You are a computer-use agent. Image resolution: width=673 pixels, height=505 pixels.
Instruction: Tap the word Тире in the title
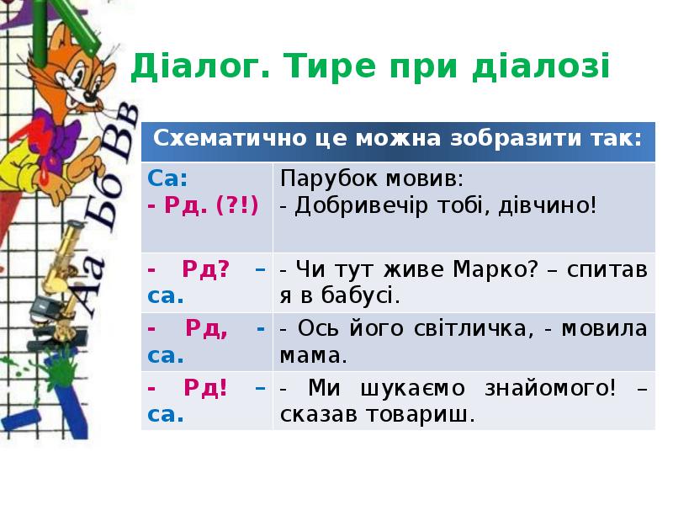point(329,66)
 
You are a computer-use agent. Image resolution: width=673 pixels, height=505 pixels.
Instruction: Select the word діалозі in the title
point(541,66)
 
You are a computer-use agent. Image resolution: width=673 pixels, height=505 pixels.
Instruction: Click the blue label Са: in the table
point(167,178)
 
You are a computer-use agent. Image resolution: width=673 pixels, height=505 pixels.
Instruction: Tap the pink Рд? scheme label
point(206,269)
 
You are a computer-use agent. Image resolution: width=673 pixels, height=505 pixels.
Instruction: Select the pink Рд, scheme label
point(206,329)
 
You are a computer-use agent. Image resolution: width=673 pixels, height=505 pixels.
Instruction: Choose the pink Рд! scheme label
point(205,389)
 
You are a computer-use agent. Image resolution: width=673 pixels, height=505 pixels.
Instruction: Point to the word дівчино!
point(548,205)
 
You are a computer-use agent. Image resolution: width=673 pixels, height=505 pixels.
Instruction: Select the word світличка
point(474,329)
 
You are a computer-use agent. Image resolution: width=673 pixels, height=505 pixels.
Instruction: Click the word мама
point(313,356)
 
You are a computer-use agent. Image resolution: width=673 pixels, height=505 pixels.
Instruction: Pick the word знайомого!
point(550,389)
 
